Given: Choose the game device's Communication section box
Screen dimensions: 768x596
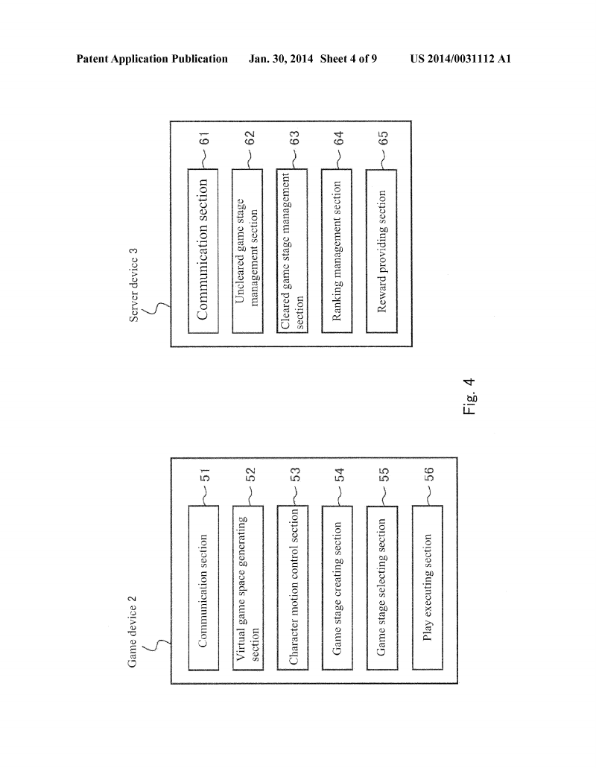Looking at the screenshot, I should click(x=203, y=586).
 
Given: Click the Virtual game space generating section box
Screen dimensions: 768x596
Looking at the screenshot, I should click(x=247, y=586).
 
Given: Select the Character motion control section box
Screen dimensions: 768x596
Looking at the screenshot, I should click(x=292, y=586).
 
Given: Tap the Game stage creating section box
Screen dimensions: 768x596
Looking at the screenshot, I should click(x=337, y=586).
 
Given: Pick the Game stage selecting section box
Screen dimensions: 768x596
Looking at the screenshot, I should click(x=381, y=586).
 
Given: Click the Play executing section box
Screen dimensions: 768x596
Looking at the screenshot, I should click(x=427, y=586).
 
